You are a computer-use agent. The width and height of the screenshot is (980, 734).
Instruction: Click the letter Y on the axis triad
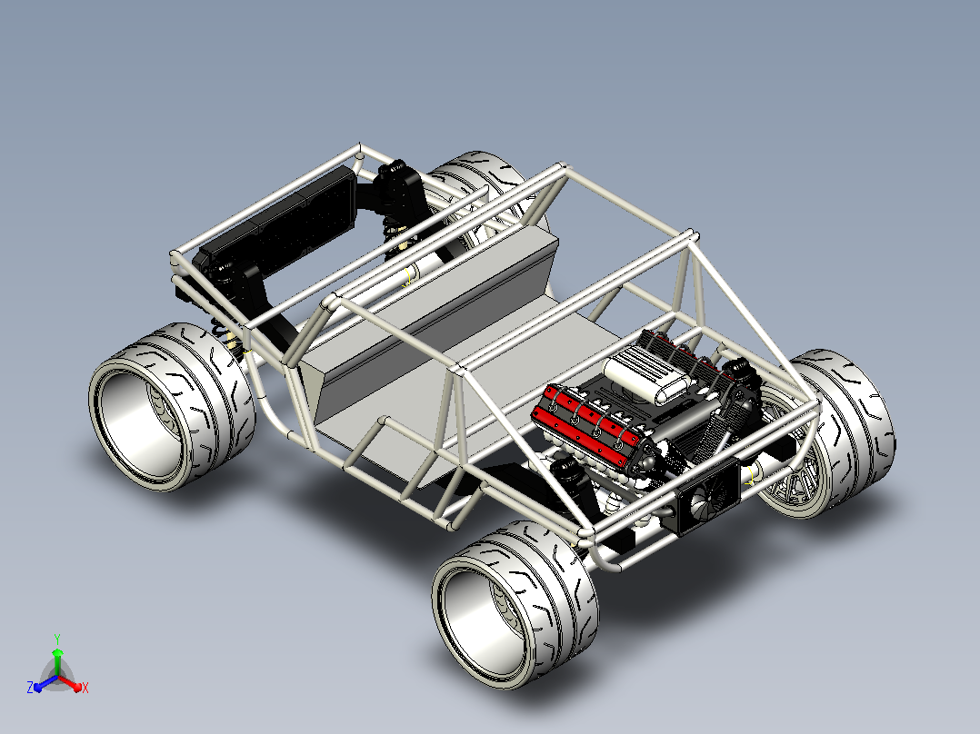pos(57,639)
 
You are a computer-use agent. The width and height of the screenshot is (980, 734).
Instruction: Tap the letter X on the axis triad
pos(85,688)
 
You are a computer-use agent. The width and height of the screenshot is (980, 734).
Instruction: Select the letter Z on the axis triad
pos(30,687)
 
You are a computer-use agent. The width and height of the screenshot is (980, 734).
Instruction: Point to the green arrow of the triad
pos(57,661)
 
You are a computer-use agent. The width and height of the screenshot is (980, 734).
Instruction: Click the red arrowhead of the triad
pos(77,687)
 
